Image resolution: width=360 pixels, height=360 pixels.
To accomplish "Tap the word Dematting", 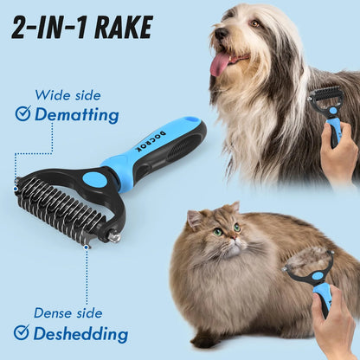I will tap(77, 114).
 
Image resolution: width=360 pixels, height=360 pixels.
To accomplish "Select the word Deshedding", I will tap(81, 333).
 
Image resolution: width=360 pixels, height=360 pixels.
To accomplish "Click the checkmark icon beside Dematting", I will tap(22, 114).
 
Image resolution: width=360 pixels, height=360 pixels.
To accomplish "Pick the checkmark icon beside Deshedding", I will tap(22, 332).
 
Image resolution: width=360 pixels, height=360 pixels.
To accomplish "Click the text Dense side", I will tap(67, 313).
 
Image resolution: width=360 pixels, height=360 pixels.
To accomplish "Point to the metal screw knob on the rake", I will tap(112, 233).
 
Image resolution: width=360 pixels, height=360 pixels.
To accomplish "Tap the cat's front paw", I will tap(205, 339).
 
